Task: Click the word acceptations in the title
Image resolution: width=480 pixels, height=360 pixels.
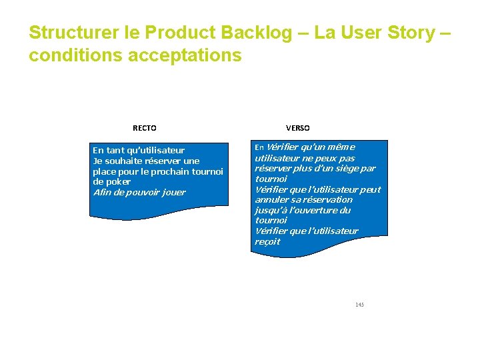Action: point(184,55)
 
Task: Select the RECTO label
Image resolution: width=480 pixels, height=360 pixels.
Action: point(145,128)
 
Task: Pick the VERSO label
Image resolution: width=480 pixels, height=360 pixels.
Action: point(297,128)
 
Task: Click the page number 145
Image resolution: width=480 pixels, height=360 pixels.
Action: point(359,305)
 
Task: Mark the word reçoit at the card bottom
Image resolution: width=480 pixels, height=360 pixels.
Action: point(267,241)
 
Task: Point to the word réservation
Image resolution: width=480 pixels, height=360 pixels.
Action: point(327,199)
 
